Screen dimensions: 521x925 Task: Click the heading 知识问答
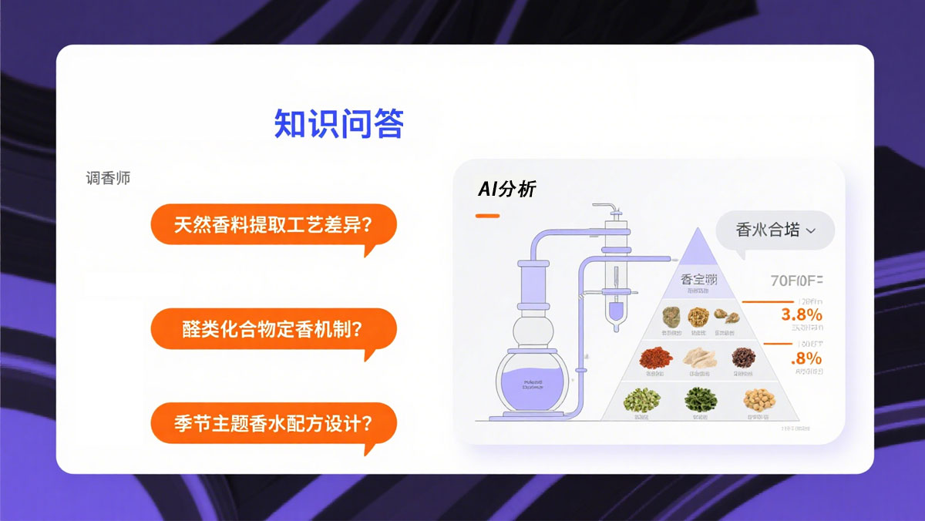point(339,123)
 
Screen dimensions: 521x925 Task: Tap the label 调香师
point(108,177)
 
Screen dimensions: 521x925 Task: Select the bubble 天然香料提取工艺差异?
point(274,225)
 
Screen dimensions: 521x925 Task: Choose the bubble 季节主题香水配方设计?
point(274,423)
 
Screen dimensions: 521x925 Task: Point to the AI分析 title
point(506,190)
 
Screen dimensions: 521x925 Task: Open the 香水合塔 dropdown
point(775,230)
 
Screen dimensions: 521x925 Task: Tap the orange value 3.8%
point(801,314)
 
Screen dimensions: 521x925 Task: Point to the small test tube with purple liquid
point(615,312)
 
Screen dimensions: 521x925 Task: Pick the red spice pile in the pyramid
point(654,357)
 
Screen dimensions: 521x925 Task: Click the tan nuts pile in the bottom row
point(758,399)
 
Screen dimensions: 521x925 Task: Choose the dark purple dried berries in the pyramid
point(744,356)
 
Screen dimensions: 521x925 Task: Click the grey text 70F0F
point(796,281)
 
